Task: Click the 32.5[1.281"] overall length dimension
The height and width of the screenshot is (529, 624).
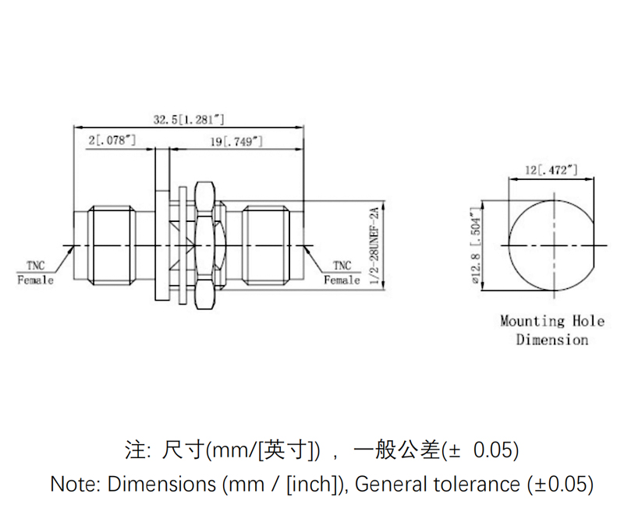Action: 189,119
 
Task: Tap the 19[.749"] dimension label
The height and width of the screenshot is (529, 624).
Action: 236,141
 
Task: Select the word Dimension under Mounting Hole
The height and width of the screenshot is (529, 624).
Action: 551,340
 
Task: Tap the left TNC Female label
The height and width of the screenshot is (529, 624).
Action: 36,272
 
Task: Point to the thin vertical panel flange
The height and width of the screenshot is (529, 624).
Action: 161,226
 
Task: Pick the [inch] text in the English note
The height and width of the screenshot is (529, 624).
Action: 314,484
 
